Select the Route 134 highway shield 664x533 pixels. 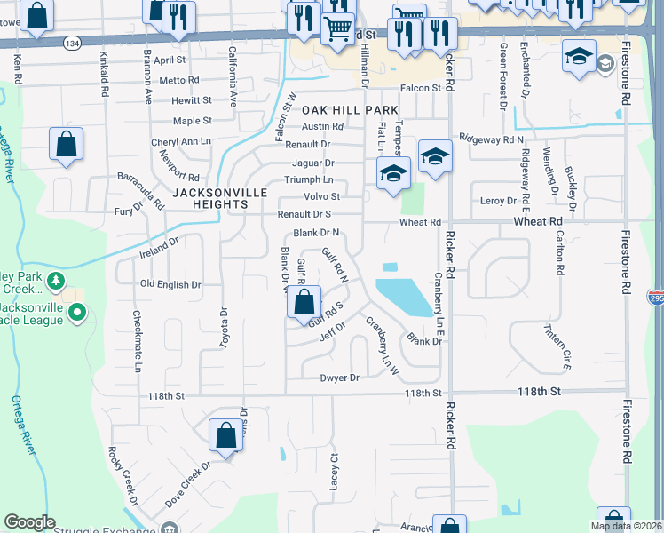point(70,42)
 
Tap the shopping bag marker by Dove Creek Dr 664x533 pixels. point(225,436)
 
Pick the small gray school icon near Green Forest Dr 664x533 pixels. point(605,63)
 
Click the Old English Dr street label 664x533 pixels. point(171,284)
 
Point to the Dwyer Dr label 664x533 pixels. point(340,378)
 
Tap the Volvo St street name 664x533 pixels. point(322,196)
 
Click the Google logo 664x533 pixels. point(29,522)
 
